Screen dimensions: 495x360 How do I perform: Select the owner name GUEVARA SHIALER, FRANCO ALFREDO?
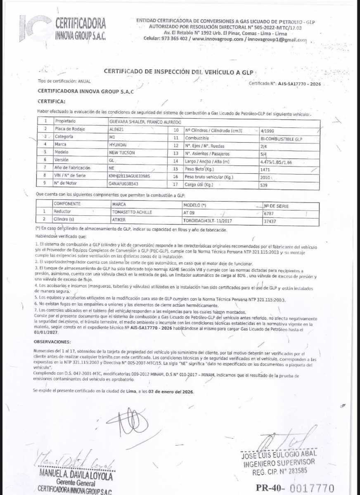[x=144, y=122]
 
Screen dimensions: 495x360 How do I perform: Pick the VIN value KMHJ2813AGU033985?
[x=129, y=176]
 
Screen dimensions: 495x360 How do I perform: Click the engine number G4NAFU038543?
[x=124, y=184]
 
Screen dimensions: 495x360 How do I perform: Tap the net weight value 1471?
[x=265, y=170]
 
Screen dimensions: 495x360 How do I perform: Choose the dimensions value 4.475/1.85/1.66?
[x=273, y=162]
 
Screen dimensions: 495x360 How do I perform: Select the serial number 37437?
[x=270, y=221]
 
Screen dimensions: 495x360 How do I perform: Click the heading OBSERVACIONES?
[x=52, y=342]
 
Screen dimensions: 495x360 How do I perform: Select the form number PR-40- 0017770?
[x=295, y=488]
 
